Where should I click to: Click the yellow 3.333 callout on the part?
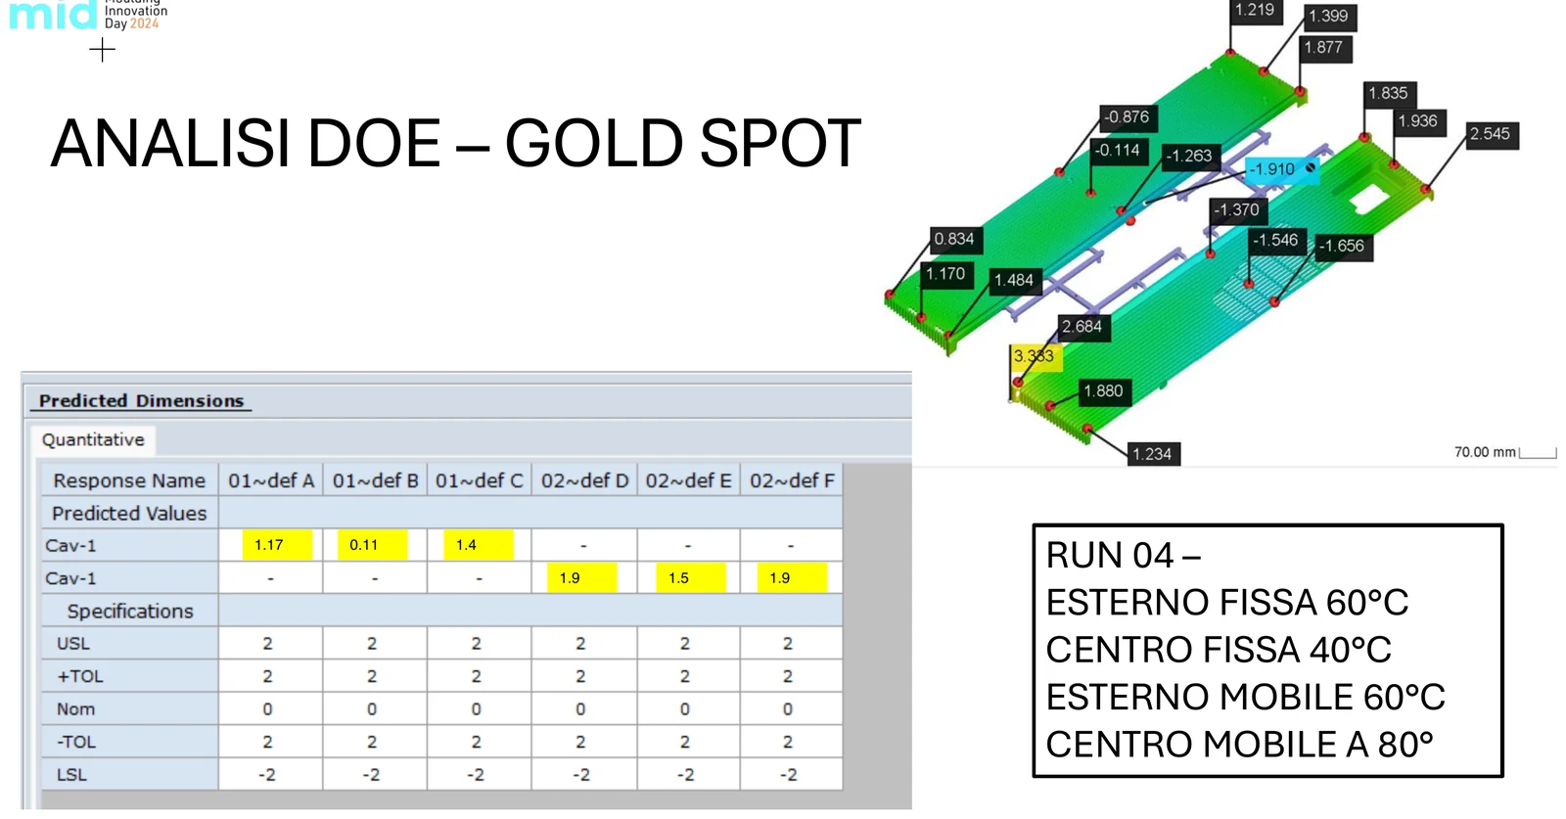click(1036, 357)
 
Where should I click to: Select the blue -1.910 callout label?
click(1281, 169)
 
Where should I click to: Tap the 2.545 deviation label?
click(1492, 134)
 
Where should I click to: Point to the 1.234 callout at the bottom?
click(1154, 454)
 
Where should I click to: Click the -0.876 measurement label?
click(1128, 117)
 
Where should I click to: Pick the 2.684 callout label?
click(1083, 327)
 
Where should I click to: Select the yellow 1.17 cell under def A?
click(277, 545)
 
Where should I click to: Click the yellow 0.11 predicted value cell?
click(372, 545)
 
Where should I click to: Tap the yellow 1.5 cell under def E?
click(690, 578)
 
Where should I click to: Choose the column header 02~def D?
click(584, 480)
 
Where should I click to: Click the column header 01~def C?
click(479, 480)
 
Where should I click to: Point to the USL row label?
click(73, 644)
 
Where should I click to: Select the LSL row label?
click(71, 775)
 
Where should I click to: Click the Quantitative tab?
click(93, 440)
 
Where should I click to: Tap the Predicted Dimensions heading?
click(141, 401)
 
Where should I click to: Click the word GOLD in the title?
click(592, 143)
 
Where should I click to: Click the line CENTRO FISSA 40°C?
click(1218, 650)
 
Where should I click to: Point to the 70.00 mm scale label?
click(1485, 452)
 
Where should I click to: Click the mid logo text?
click(53, 14)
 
